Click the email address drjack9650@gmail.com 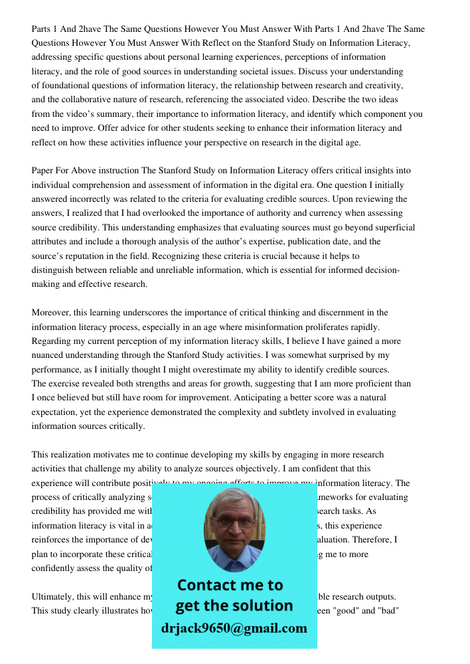pyautogui.click(x=234, y=628)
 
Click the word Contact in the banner pyautogui.click(x=206, y=585)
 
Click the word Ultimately pyautogui.click(x=54, y=596)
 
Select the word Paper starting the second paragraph pyautogui.click(x=43, y=171)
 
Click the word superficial pyautogui.click(x=391, y=227)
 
